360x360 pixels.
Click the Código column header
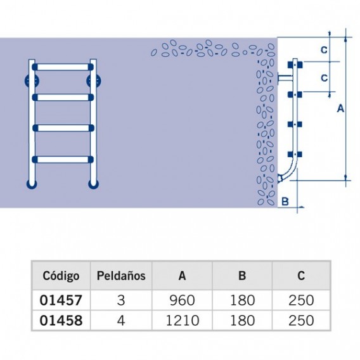click(61, 276)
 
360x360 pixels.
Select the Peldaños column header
click(121, 276)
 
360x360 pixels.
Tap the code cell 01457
click(61, 300)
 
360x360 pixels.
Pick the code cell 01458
click(61, 320)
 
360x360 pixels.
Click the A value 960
click(182, 300)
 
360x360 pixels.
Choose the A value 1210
click(182, 320)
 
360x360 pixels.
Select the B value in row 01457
click(242, 300)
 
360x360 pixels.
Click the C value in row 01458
click(301, 320)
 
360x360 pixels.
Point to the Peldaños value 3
click(121, 300)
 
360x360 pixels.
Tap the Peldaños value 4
click(121, 320)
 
